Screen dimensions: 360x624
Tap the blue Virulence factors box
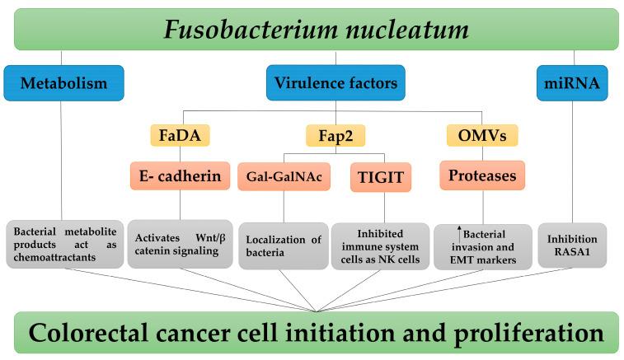pos(336,82)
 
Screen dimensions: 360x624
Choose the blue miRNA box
pos(571,82)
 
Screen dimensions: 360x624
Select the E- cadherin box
pos(179,175)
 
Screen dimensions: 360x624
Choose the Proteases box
pos(481,175)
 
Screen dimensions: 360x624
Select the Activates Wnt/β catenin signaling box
pos(179,245)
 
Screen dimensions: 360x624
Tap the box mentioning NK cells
pos(380,245)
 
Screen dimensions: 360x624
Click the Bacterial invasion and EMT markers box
pos(482,245)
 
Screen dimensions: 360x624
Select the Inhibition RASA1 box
pos(571,245)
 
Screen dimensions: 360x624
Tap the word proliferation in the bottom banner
pos(520,334)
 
